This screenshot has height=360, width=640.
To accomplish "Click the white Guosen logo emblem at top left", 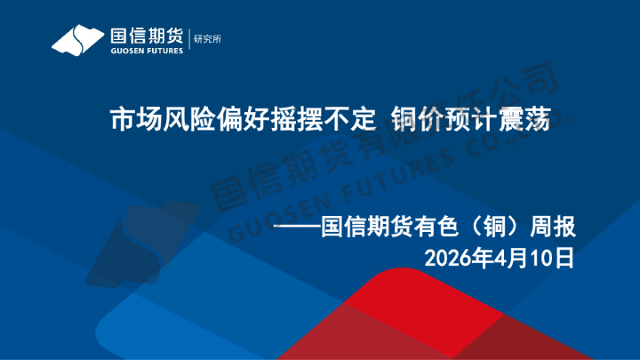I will (77, 40).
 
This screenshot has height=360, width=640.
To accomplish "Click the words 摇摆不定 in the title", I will (326, 119).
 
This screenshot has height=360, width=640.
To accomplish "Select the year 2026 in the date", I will (447, 259).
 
